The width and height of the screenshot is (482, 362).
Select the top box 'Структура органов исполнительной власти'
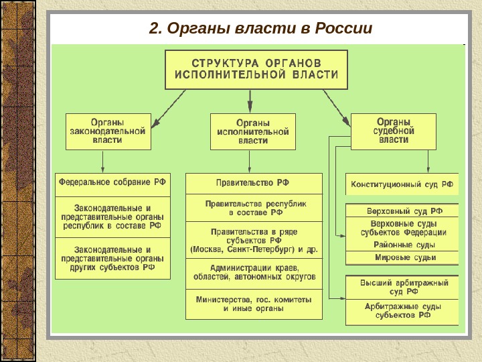[256, 69]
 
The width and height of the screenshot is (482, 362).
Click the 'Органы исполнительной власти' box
[253, 131]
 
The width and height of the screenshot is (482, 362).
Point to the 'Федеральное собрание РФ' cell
[112, 183]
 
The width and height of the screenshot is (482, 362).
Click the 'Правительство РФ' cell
[253, 183]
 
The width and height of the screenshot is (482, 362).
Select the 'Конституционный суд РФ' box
[402, 183]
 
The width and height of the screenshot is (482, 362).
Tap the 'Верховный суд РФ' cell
[402, 210]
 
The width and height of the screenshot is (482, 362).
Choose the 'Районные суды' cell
[402, 245]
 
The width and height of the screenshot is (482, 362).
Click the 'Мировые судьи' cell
[402, 257]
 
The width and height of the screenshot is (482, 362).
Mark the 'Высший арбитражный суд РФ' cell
[402, 287]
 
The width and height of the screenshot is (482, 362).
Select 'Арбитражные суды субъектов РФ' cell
[402, 310]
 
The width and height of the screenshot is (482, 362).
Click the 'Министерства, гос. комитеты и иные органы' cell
[253, 304]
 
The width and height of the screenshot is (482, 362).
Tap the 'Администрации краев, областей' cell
[253, 272]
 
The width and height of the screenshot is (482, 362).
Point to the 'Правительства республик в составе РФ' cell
[253, 207]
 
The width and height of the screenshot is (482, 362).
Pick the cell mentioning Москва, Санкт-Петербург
[253, 239]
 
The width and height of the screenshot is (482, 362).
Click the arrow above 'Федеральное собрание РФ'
[102, 162]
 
